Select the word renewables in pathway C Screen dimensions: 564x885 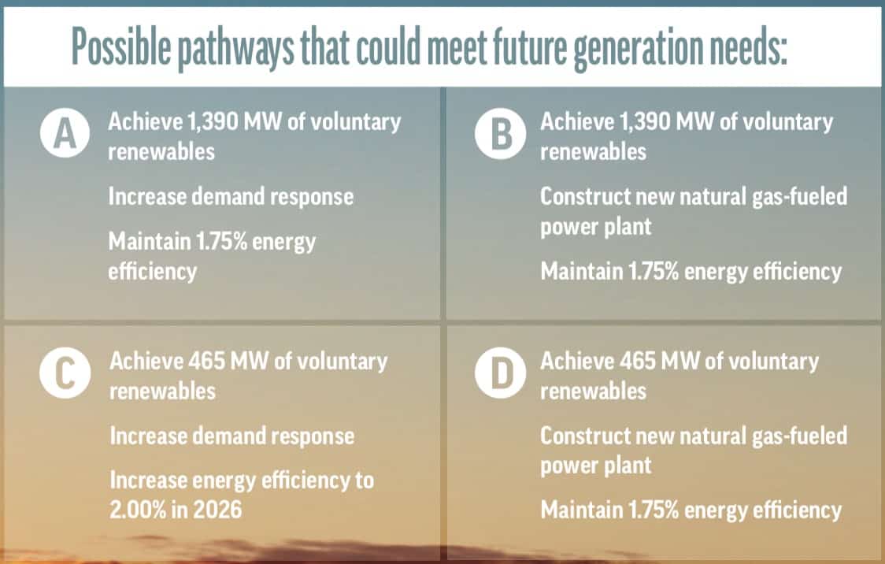point(161,390)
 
